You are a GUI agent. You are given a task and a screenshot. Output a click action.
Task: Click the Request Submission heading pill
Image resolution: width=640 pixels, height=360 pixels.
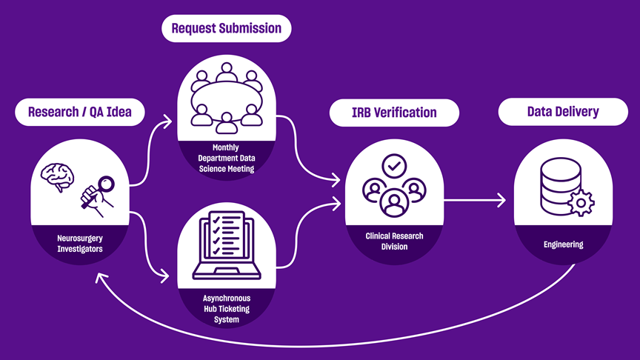pyautogui.click(x=226, y=29)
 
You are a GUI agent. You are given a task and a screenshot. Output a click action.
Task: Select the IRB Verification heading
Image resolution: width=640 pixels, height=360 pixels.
pyautogui.click(x=394, y=113)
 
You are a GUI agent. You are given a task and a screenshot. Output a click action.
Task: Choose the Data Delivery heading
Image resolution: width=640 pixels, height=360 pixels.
pyautogui.click(x=562, y=113)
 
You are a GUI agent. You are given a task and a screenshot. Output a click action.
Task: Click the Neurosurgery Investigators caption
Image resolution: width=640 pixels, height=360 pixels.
pyautogui.click(x=79, y=244)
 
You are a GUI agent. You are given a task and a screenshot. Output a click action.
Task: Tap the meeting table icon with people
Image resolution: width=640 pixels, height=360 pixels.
pyautogui.click(x=227, y=94)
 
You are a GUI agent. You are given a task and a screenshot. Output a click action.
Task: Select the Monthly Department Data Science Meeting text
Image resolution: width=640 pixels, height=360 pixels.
pyautogui.click(x=226, y=158)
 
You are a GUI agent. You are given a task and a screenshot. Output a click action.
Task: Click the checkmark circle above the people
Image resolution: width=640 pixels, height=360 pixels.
pyautogui.click(x=393, y=165)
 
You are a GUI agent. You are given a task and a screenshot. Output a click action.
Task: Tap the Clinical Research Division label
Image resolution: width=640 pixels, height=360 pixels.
pyautogui.click(x=394, y=241)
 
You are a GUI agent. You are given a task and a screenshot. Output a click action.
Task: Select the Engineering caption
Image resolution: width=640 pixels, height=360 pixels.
pyautogui.click(x=563, y=244)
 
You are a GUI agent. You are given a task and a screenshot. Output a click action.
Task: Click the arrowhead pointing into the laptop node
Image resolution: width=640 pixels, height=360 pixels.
pyautogui.click(x=166, y=278)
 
